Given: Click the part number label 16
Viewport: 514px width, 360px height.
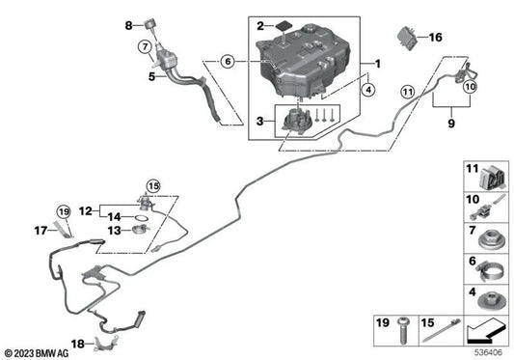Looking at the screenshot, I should (435, 38).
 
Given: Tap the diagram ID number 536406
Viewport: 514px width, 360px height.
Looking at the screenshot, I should (487, 351).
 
